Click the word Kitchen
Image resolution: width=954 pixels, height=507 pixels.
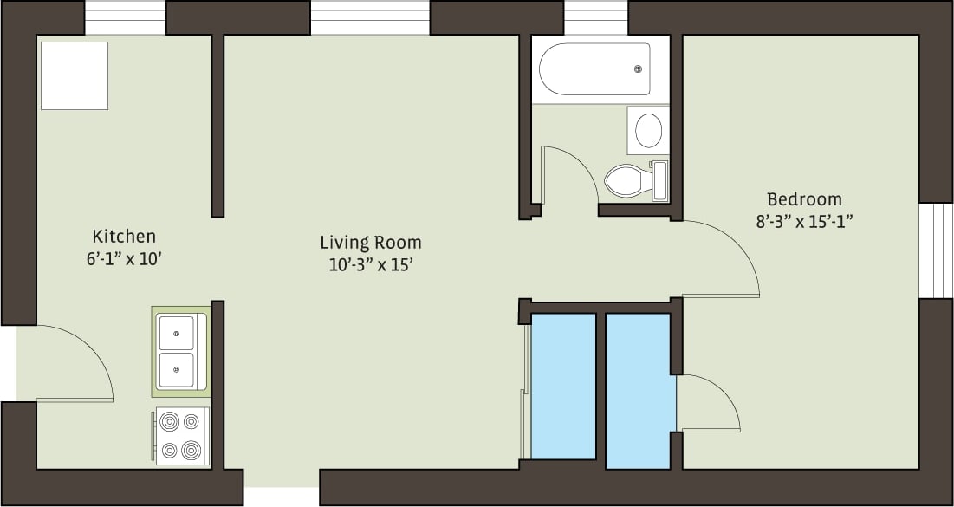(x=124, y=236)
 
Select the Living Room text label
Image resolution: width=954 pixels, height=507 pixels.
(x=370, y=242)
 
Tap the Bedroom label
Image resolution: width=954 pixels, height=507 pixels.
(x=804, y=199)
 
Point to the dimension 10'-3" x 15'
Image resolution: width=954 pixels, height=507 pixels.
(x=370, y=265)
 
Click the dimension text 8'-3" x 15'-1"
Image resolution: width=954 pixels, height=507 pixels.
(x=804, y=221)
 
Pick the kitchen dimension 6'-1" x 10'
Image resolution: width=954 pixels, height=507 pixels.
(x=124, y=257)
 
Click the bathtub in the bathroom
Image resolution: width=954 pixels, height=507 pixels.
(x=594, y=69)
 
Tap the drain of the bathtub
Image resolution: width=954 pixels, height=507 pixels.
(x=639, y=69)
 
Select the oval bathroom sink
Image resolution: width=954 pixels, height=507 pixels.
(x=648, y=131)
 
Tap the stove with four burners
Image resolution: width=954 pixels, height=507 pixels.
(x=182, y=436)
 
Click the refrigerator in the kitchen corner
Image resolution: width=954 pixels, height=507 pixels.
(x=74, y=75)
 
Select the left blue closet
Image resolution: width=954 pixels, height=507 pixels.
(x=562, y=386)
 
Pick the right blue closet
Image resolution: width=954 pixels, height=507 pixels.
(x=638, y=390)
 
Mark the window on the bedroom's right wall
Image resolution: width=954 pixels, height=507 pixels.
(x=936, y=251)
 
